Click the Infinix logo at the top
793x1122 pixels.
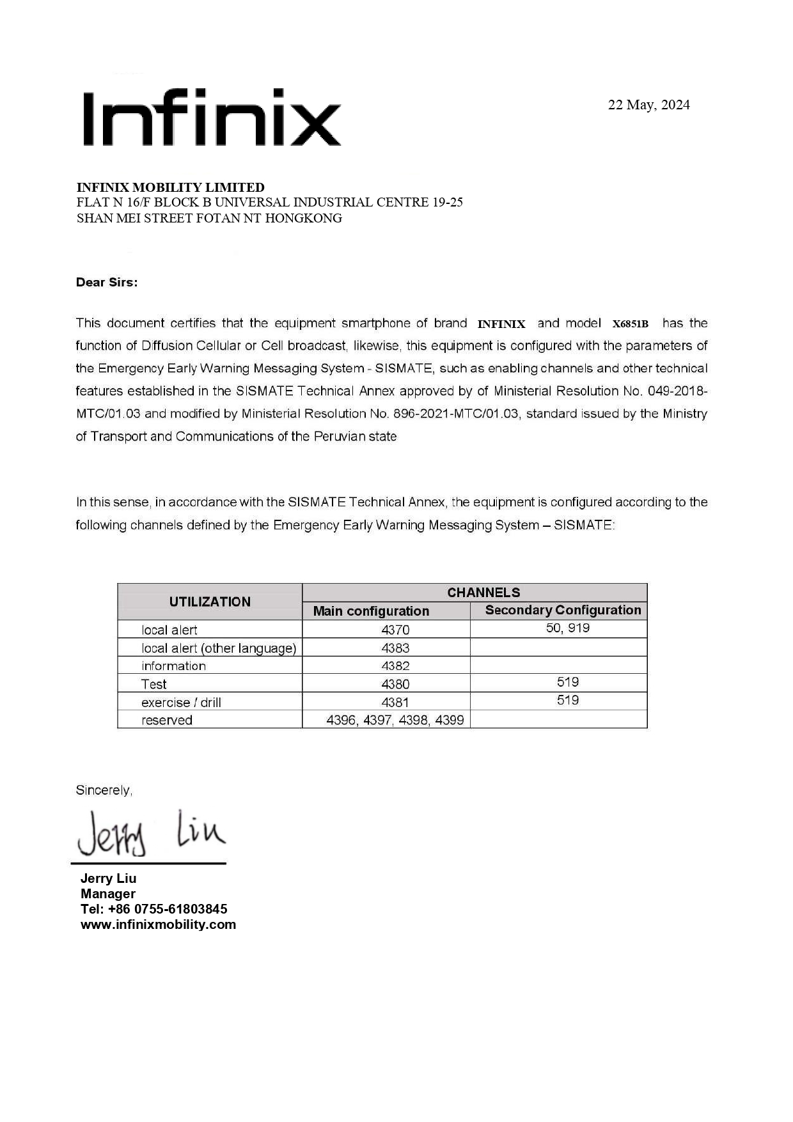point(211,118)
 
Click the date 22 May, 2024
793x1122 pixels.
point(648,105)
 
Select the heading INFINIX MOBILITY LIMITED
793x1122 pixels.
point(170,187)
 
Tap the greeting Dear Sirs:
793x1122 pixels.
point(107,283)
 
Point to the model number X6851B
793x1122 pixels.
point(630,324)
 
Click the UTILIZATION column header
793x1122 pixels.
point(210,602)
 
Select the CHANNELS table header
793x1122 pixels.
point(483,592)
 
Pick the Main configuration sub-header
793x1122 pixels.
point(371,611)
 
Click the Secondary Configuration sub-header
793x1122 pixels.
point(563,610)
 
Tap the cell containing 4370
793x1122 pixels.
point(395,630)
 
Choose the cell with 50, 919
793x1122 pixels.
point(568,628)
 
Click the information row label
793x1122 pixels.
point(173,666)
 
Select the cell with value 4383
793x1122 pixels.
point(395,648)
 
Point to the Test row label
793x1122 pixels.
point(154,684)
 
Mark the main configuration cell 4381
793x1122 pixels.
point(395,702)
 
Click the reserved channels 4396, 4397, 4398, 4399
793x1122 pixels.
point(395,720)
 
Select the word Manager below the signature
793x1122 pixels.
point(108,894)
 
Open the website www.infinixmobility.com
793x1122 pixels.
point(158,924)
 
